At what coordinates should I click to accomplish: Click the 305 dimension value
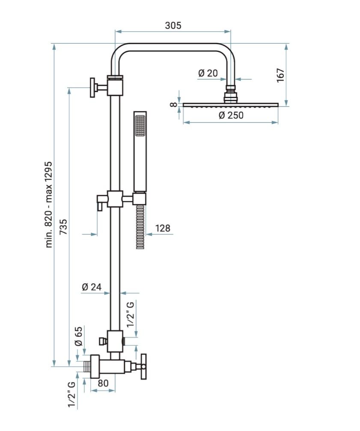173,25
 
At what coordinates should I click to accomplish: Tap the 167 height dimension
280,75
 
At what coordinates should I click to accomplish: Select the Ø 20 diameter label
208,73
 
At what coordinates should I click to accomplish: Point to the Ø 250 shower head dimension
231,115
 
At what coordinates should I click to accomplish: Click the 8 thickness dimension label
173,104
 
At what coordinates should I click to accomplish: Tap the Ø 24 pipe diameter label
91,287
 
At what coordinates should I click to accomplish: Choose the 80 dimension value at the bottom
103,383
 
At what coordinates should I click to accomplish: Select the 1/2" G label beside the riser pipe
131,314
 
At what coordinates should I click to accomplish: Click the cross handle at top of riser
93,88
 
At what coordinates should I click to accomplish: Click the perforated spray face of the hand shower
140,126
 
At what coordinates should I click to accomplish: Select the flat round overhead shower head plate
231,105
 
